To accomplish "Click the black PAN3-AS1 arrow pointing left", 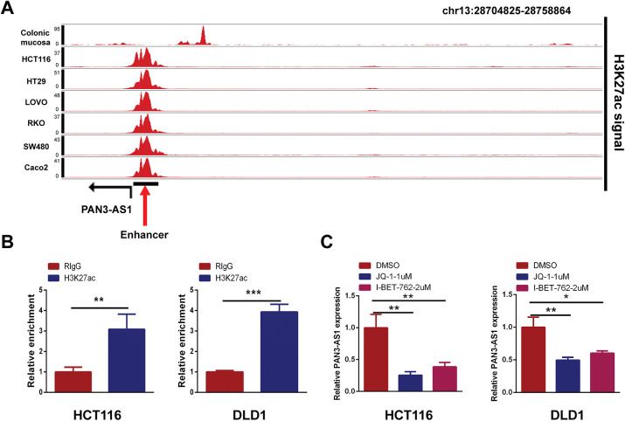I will click(109, 184).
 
